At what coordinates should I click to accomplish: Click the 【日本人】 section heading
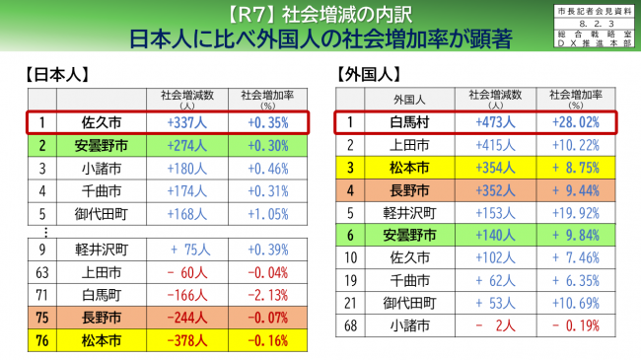coord(55,74)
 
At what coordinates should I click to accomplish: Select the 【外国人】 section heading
coord(368,74)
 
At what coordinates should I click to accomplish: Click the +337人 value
coord(186,122)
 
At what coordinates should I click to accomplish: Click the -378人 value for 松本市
coord(186,342)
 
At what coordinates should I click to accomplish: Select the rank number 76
coord(41,342)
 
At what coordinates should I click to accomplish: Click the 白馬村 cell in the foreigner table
coord(408,122)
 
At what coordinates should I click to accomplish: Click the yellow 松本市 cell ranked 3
coord(408,168)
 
